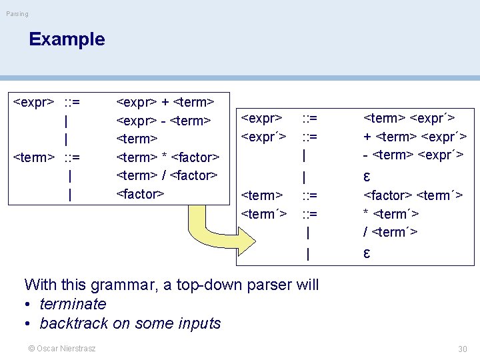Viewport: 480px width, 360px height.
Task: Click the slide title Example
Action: pos(67,39)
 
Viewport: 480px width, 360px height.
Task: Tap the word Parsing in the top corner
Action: pos(17,14)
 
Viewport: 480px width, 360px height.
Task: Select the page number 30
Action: pos(463,349)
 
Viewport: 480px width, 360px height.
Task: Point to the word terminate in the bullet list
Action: pos(73,304)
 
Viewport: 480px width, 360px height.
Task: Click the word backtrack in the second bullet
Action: pos(71,323)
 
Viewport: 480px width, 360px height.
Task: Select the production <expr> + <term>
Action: pos(165,102)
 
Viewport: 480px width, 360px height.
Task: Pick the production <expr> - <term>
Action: pos(163,121)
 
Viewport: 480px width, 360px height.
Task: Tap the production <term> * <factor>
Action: pos(167,157)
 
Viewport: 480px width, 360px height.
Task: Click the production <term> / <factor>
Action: pos(167,176)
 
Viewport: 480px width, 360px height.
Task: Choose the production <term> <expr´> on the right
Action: pos(409,119)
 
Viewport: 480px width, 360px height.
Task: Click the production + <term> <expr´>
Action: pos(414,137)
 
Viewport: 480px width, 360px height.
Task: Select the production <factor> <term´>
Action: pos(413,195)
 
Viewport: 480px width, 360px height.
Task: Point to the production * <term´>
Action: pos(391,214)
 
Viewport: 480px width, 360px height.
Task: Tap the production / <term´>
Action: pos(390,232)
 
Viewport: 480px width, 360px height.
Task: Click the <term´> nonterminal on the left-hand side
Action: pos(263,214)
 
